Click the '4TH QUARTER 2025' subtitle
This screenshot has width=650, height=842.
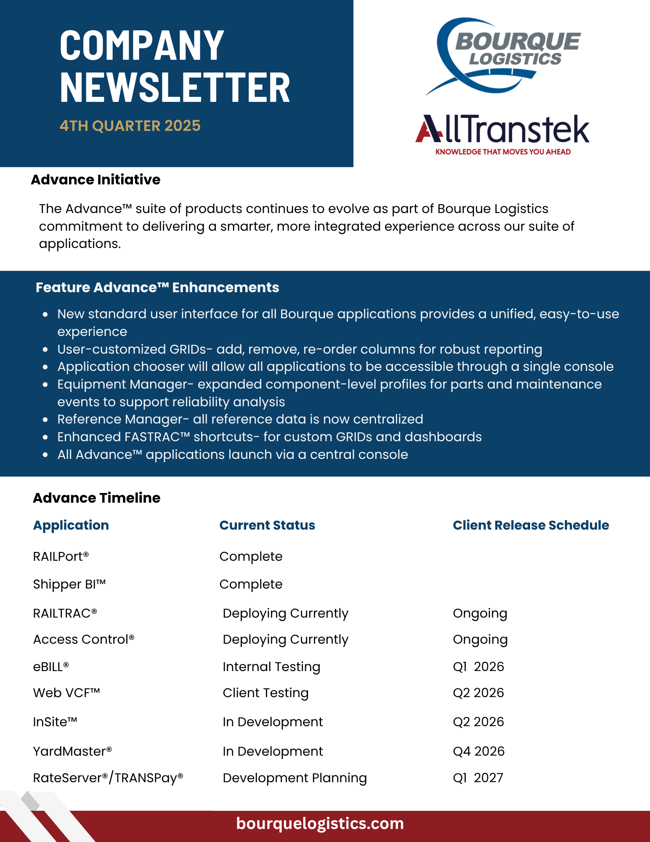(130, 126)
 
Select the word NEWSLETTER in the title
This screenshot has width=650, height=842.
(175, 87)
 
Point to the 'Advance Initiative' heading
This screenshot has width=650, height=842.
(96, 180)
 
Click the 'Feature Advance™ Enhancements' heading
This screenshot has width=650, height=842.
(157, 288)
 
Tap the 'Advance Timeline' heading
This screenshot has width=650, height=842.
(97, 498)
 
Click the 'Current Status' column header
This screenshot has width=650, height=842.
(267, 525)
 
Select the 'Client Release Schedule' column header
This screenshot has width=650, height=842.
(531, 525)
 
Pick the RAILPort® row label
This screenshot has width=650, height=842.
(61, 557)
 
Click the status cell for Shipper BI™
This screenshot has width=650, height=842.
(251, 584)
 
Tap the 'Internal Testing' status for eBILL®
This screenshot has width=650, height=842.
(271, 667)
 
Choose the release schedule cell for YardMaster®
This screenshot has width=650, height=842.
(478, 751)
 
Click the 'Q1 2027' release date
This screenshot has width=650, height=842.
(478, 778)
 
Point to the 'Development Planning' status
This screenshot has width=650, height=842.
(294, 778)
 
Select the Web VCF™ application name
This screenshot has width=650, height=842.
(66, 693)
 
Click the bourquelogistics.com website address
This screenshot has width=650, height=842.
(320, 823)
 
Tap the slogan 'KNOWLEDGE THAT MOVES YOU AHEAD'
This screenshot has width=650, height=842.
(503, 152)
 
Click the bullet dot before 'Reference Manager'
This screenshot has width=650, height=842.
(45, 420)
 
